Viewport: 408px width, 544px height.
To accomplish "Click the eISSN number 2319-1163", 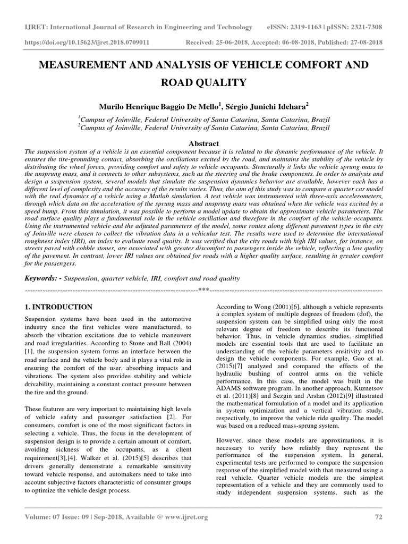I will tap(307, 27).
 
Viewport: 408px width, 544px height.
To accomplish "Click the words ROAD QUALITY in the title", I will tap(204, 82).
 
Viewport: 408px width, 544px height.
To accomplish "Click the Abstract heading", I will tap(204, 143).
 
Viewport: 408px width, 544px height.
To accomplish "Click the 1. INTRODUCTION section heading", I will tap(59, 307).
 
